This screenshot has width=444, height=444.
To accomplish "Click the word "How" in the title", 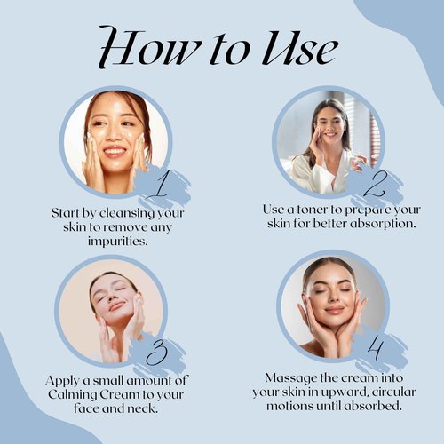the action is pyautogui.click(x=149, y=46).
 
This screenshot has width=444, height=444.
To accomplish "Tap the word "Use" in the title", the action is pyautogui.click(x=299, y=47).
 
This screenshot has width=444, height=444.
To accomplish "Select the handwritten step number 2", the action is pyautogui.click(x=374, y=184).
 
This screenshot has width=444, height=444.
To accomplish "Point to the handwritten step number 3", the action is pyautogui.click(x=157, y=353).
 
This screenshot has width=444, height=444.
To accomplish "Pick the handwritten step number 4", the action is pyautogui.click(x=376, y=348).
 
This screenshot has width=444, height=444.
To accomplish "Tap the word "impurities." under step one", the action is pyautogui.click(x=117, y=242).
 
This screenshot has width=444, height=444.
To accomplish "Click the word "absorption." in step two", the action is pyautogui.click(x=383, y=224).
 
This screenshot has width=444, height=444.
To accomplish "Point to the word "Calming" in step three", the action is pyautogui.click(x=73, y=395).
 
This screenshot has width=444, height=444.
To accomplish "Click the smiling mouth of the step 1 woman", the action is pyautogui.click(x=115, y=152).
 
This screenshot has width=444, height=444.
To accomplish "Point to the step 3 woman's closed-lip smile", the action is pyautogui.click(x=116, y=305).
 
